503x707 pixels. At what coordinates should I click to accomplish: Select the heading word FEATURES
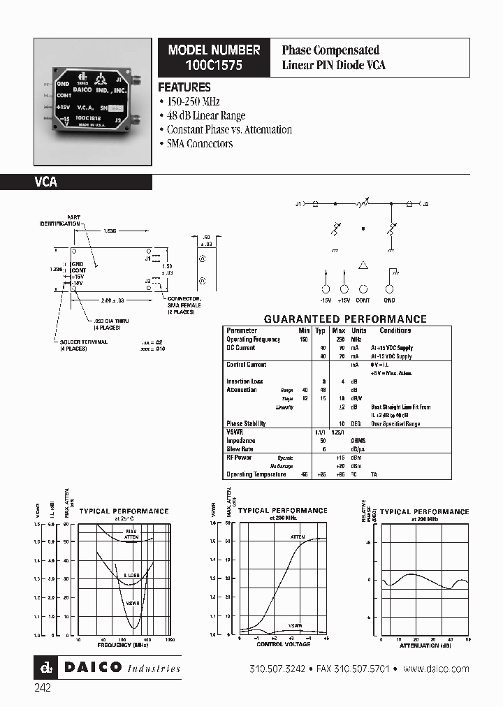click(184, 87)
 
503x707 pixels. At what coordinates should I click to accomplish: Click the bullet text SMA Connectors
click(200, 143)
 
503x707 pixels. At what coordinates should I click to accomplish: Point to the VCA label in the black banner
click(46, 182)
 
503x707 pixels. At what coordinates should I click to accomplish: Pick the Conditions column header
click(395, 330)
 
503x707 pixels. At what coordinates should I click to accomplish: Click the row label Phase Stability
click(245, 423)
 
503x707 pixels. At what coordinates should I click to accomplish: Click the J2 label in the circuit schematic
click(425, 204)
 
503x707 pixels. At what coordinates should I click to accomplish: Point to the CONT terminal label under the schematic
click(363, 300)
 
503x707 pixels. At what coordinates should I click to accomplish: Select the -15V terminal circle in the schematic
click(326, 289)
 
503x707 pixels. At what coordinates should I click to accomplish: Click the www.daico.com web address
click(436, 669)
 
